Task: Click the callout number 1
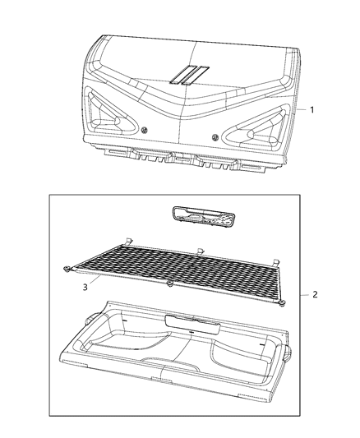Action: (x=312, y=108)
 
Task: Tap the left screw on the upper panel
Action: (x=145, y=131)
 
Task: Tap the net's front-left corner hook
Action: (x=64, y=269)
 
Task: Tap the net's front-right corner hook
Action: (x=282, y=303)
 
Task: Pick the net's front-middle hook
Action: (x=169, y=284)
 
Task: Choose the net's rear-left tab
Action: (x=131, y=239)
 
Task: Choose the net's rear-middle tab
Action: (x=200, y=250)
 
